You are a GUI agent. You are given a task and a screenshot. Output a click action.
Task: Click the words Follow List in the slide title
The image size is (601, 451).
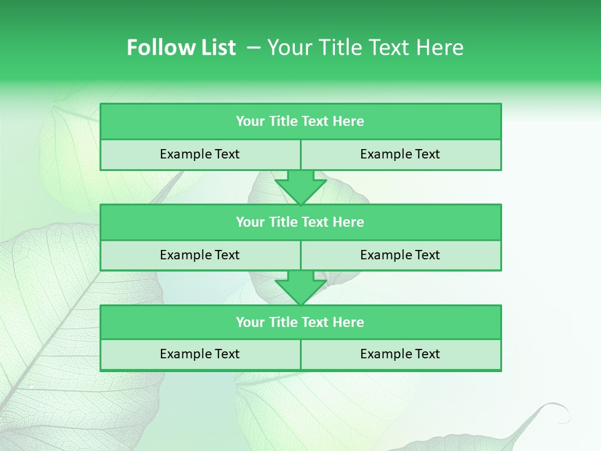tap(181, 48)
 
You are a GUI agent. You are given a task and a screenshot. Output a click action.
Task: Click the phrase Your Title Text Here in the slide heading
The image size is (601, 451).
tap(365, 48)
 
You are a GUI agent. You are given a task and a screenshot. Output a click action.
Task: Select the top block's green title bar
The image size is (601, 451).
tap(300, 122)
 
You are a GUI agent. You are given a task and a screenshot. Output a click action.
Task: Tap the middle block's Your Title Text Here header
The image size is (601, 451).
tap(300, 222)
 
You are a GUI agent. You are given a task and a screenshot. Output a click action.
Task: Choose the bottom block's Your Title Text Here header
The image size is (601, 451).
tap(300, 322)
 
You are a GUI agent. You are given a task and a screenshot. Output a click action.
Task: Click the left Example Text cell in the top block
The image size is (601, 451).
tap(200, 154)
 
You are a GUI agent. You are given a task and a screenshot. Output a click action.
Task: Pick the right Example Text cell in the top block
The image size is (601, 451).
tap(400, 154)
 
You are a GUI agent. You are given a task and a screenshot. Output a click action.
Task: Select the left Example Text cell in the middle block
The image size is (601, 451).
tap(200, 255)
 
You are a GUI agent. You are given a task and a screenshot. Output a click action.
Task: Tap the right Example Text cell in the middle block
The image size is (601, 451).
tap(400, 255)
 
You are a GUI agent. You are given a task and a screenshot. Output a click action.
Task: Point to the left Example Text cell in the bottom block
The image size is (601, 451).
tap(200, 354)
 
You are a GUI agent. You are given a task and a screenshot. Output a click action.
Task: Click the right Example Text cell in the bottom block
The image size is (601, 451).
tap(400, 354)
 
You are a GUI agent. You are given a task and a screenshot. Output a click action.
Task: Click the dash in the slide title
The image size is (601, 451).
tap(254, 48)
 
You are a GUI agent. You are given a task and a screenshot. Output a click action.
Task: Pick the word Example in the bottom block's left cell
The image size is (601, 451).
tap(187, 354)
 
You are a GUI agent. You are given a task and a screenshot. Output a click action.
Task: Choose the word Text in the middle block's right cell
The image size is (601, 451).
tap(428, 255)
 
